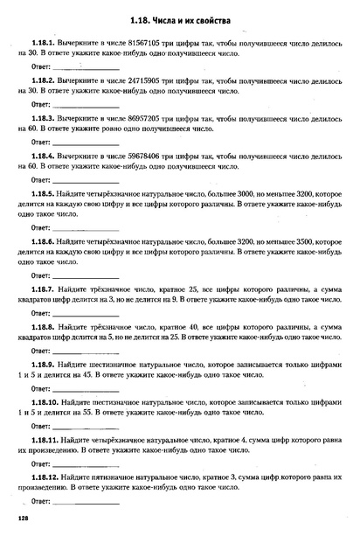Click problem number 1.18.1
pyautogui.click(x=43, y=41)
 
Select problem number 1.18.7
pyautogui.click(x=43, y=286)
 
